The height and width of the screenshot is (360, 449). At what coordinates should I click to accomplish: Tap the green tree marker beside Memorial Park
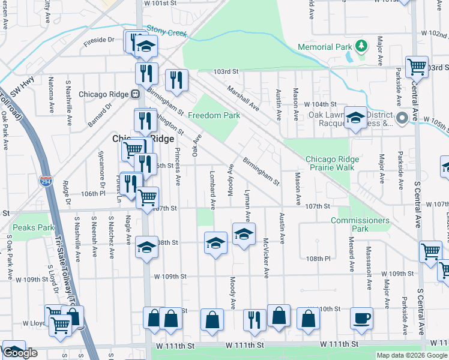(361, 46)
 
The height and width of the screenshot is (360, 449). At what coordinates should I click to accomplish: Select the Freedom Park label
(214, 115)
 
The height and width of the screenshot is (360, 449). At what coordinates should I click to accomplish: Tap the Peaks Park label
(34, 227)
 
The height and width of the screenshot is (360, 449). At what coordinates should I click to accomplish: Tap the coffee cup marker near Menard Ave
(361, 318)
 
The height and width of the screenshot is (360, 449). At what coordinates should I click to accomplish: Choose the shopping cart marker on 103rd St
(417, 67)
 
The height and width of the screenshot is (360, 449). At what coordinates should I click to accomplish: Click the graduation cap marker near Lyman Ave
(244, 235)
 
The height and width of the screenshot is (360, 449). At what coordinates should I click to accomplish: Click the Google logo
(20, 353)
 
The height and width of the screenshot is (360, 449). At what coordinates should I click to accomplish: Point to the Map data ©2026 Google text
(412, 355)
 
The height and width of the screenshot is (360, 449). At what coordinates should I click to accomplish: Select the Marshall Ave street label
(243, 97)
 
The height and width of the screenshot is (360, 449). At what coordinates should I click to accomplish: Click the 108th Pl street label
(318, 259)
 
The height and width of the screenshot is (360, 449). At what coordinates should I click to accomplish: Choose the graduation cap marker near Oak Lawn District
(355, 118)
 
